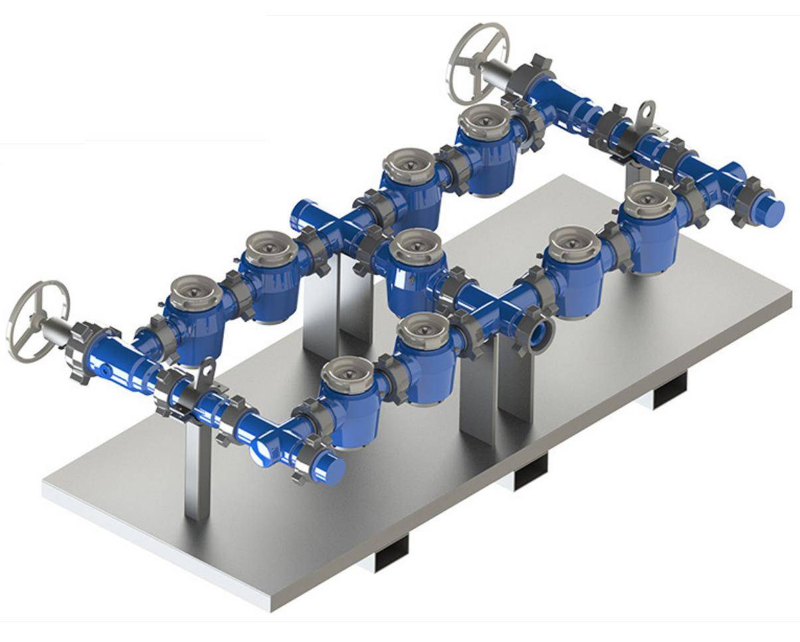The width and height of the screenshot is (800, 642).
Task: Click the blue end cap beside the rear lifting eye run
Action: tap(771, 210)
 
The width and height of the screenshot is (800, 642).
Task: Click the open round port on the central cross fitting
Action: tap(542, 330)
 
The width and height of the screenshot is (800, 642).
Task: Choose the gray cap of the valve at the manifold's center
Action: tap(415, 246)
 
